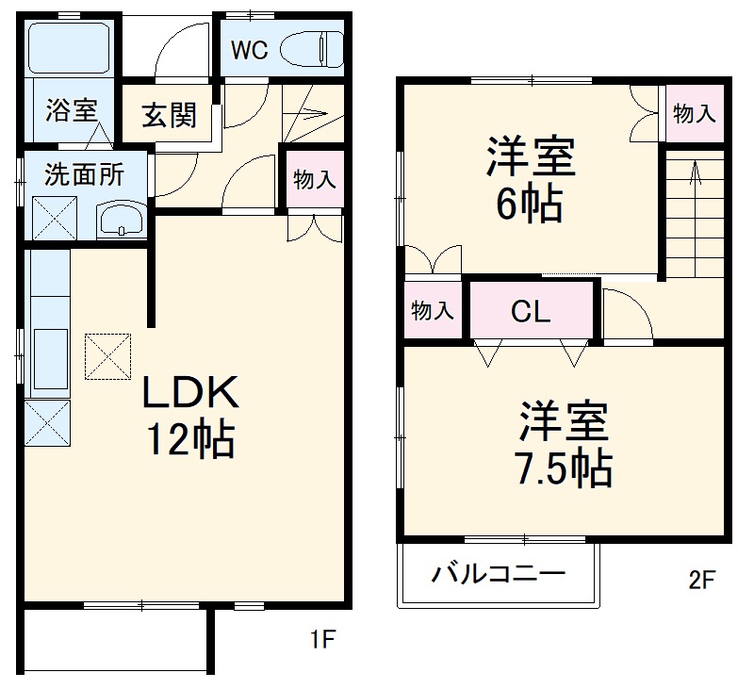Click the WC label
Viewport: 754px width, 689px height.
[x=251, y=50]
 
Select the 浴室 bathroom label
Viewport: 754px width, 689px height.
[x=71, y=110]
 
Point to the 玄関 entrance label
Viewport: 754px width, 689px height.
[x=170, y=115]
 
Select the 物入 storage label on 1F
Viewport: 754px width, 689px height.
[x=314, y=180]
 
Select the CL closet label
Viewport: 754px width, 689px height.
[x=531, y=312]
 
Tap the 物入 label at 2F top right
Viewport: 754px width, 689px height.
[x=695, y=114]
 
